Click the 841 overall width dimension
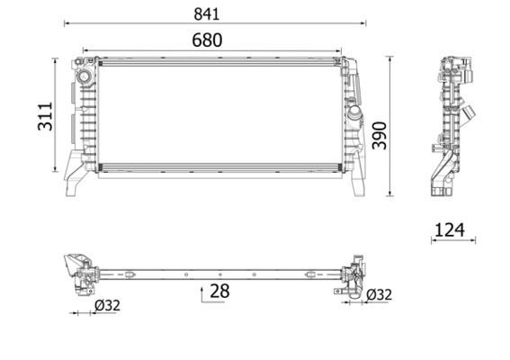click(x=207, y=14)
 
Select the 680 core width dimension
click(x=207, y=40)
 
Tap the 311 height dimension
click(x=45, y=116)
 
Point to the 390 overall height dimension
click(x=380, y=135)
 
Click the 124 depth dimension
click(x=450, y=230)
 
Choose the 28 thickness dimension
click(x=219, y=291)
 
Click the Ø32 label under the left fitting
click(x=107, y=305)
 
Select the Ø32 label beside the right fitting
click(x=380, y=295)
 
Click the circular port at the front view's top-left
click(x=85, y=76)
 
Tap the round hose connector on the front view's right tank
click(x=354, y=112)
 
